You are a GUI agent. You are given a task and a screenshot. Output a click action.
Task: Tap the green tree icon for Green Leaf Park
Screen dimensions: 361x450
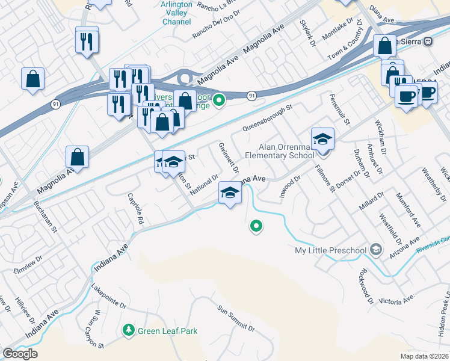pos(128,330)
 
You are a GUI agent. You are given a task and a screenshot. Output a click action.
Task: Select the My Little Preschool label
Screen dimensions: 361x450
pos(330,250)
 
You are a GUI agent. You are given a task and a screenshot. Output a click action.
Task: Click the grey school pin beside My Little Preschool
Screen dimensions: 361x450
pos(375,249)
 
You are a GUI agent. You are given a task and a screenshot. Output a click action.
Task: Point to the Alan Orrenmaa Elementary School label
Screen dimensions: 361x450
pos(286,150)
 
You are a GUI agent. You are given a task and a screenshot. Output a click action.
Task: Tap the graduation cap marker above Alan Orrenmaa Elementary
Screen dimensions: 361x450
pos(322,140)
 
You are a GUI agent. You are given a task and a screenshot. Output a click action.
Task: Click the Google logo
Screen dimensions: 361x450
pos(20,354)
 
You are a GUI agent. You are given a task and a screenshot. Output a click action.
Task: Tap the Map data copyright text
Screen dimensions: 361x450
pos(425,356)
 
